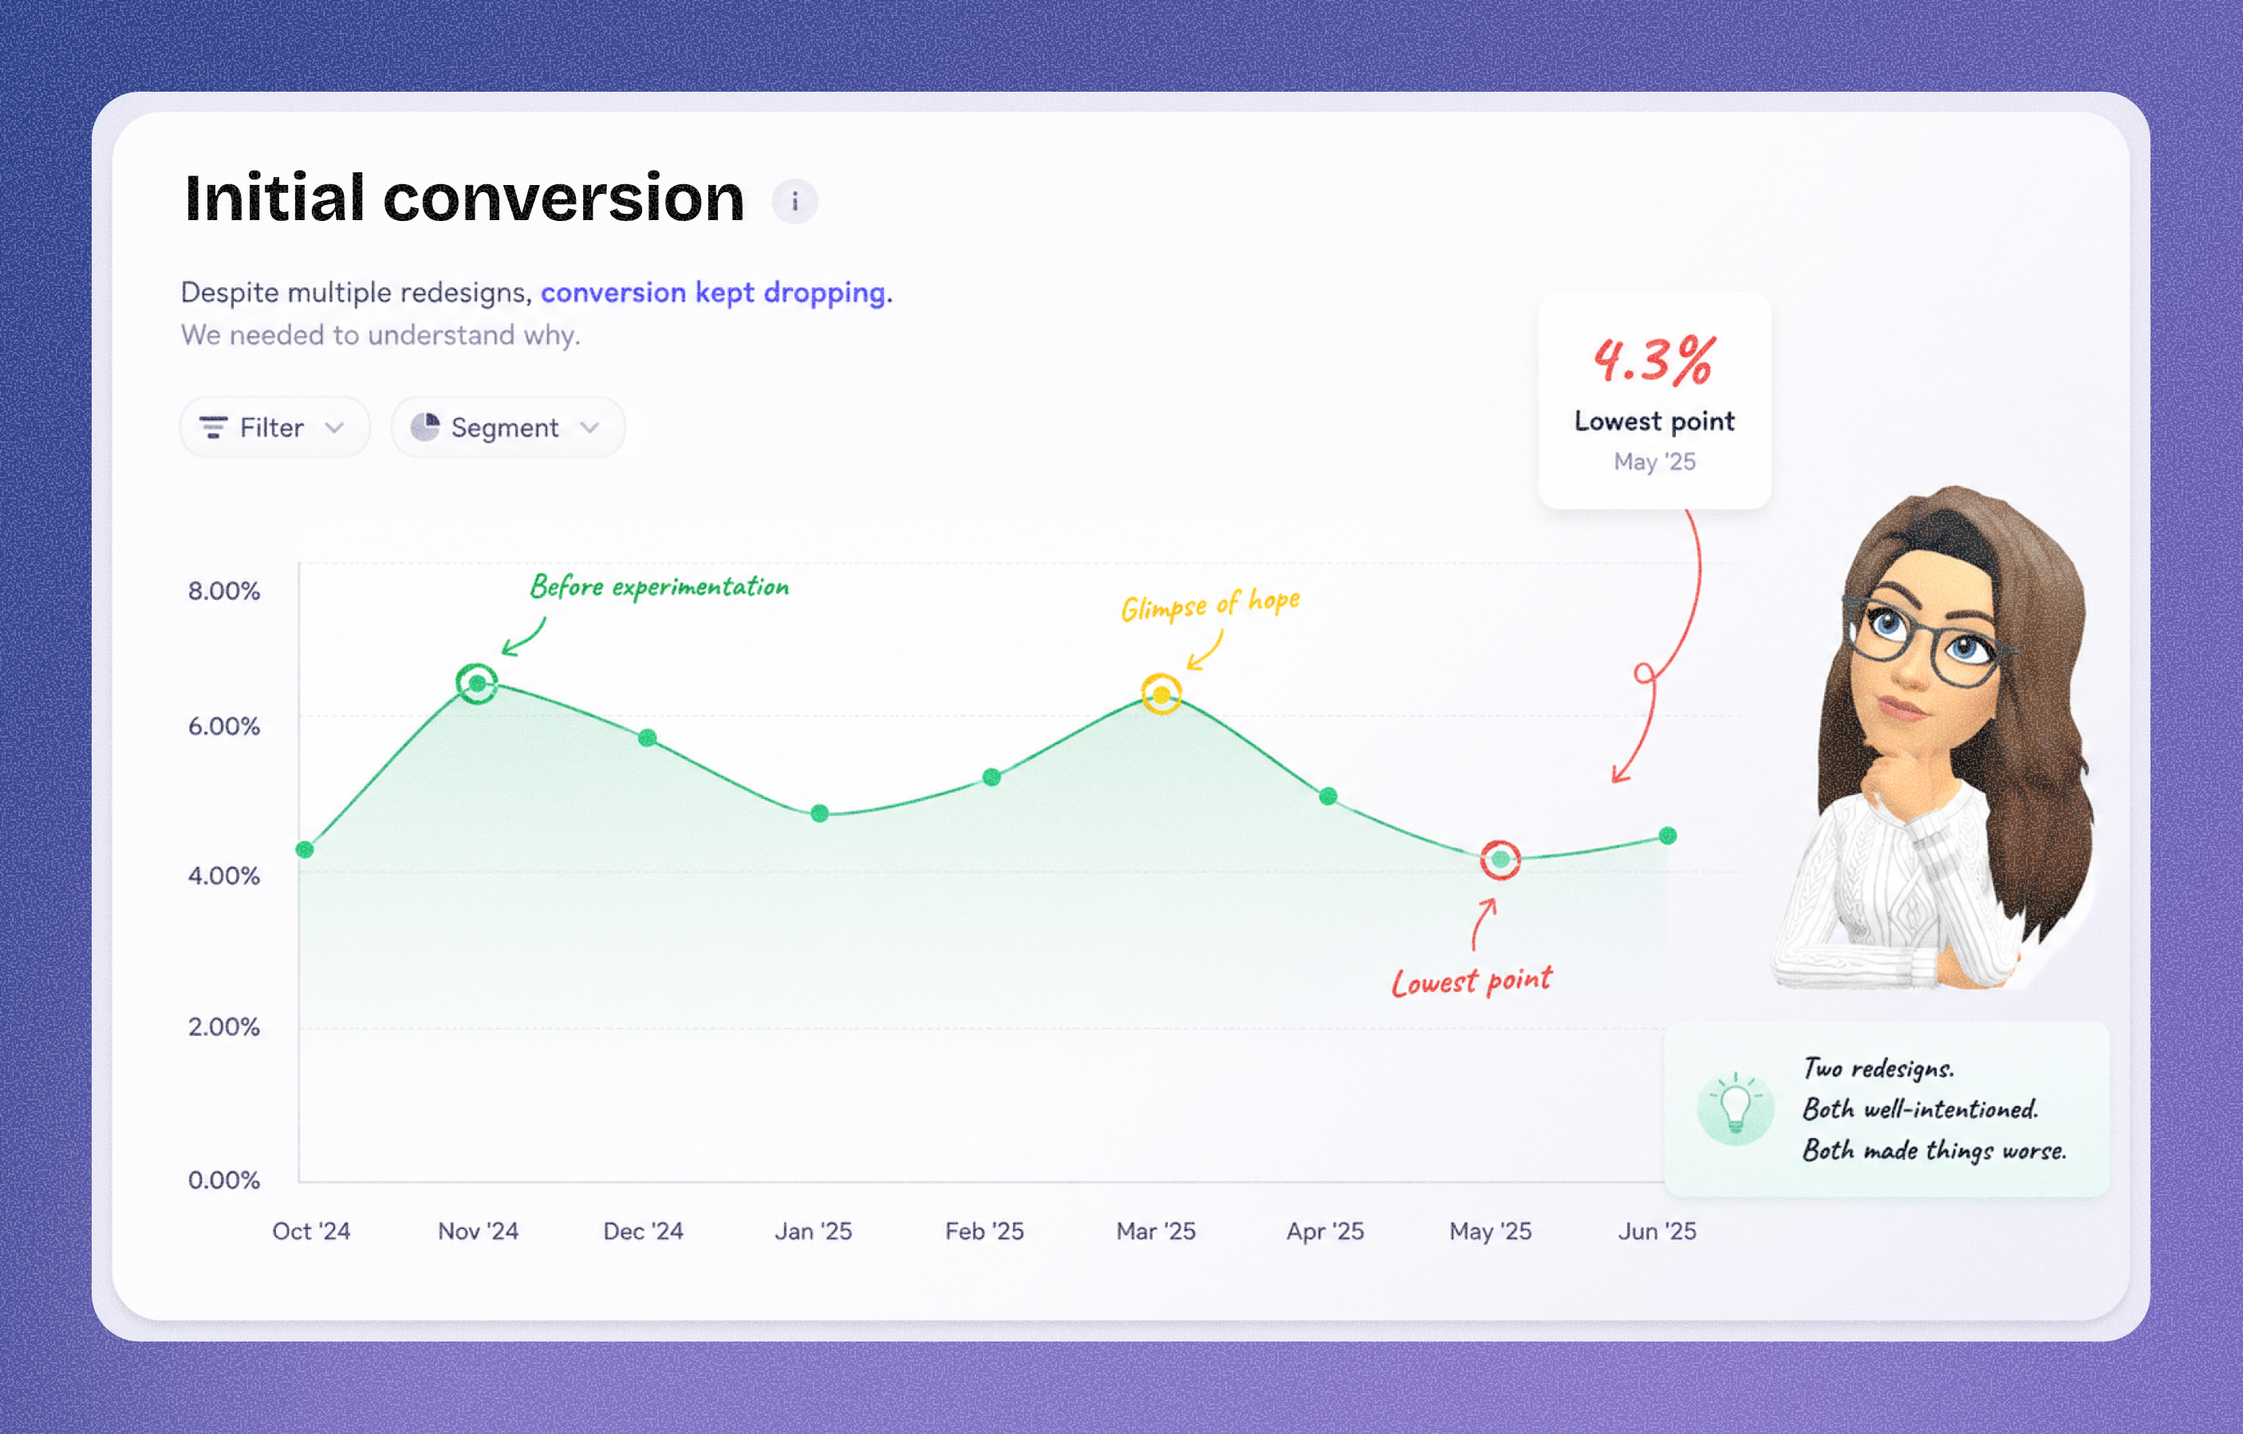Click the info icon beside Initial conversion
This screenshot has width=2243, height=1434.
794,201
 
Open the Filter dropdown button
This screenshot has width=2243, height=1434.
274,427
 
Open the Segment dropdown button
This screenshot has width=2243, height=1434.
507,427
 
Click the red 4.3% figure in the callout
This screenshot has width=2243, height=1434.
1654,360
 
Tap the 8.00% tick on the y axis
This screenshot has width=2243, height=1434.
223,591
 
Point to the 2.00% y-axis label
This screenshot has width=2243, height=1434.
223,1027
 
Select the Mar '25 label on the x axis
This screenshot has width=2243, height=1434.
1156,1231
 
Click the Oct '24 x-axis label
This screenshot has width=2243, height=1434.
311,1231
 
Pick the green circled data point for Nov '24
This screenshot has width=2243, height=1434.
477,684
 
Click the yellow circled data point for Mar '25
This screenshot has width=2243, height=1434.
1161,695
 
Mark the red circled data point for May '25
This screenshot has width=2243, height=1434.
1500,860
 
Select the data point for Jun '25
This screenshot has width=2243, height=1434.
1667,836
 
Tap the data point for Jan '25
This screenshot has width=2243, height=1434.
820,813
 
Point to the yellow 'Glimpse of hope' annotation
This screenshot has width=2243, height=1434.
1210,605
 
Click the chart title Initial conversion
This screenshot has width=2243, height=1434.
465,199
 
